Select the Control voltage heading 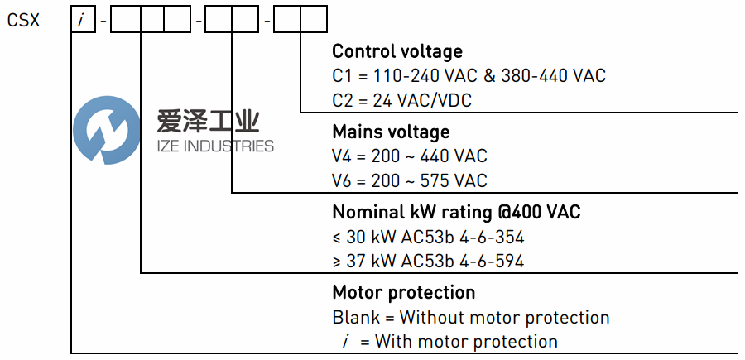397,52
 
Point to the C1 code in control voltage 342,76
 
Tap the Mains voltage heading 391,132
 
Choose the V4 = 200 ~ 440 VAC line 410,156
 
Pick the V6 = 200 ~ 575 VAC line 410,180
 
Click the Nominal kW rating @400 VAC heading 456,213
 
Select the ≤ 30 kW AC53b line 428,238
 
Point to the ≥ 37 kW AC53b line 428,262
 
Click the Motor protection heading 404,292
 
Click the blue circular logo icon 106,130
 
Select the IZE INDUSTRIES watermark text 215,146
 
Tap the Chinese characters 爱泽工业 208,123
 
